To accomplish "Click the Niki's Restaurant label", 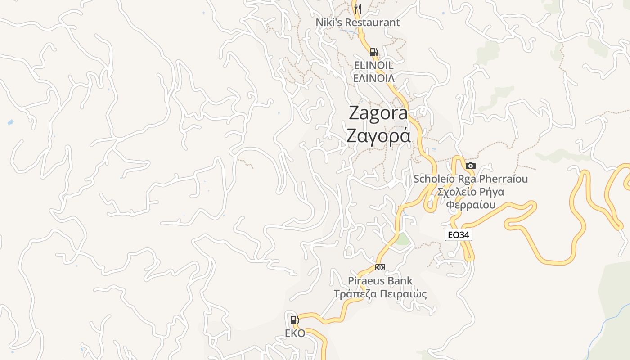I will [358, 22].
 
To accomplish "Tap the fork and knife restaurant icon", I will [358, 8].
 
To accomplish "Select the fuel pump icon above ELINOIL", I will [373, 52].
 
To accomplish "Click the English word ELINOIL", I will [373, 66].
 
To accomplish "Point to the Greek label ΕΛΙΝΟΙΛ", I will [373, 78].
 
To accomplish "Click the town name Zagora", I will [378, 113].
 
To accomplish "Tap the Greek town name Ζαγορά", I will [378, 135].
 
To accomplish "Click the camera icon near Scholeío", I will [471, 166].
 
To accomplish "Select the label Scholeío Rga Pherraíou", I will [471, 179].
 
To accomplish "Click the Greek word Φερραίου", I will [471, 205].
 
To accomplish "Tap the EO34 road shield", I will [459, 234].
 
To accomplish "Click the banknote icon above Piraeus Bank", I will [380, 267].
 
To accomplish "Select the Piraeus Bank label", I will [380, 281].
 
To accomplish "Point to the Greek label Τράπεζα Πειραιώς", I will [380, 294].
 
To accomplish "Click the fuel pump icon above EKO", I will [294, 320].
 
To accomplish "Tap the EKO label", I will [295, 333].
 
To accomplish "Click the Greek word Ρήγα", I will [491, 192].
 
